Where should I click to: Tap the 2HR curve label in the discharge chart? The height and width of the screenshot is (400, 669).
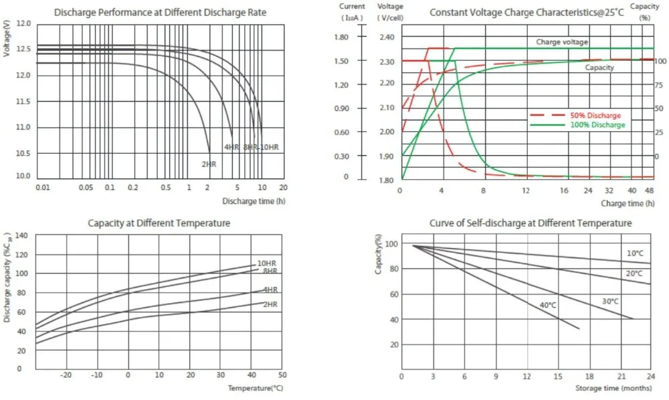[208, 163]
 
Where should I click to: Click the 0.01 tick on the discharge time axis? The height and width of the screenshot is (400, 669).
[43, 187]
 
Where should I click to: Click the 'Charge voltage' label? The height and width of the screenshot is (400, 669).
[562, 42]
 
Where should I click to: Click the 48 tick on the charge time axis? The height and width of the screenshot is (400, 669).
[648, 191]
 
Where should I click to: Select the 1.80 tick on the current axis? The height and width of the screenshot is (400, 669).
[341, 37]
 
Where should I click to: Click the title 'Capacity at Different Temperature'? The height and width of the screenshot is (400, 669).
[159, 223]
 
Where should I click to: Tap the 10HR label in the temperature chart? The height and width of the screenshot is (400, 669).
[267, 264]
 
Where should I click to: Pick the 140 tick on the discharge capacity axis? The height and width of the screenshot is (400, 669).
[23, 236]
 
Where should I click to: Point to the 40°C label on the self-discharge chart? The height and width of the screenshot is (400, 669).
[549, 305]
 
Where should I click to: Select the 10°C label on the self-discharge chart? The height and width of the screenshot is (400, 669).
[635, 254]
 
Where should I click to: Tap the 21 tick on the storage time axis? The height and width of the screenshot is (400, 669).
[621, 376]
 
